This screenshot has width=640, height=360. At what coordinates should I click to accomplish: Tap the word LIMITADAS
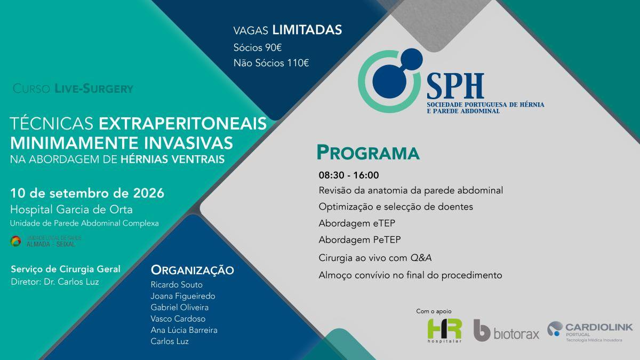307,30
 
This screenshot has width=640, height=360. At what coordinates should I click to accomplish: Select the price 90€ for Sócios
274,47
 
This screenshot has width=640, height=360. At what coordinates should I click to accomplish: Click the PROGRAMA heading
368,153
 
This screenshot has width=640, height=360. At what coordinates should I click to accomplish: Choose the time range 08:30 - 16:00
349,175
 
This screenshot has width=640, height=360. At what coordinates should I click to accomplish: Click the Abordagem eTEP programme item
357,223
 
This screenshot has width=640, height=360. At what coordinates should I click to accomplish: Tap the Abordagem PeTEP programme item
359,239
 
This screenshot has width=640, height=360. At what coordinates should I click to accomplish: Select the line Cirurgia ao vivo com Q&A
375,258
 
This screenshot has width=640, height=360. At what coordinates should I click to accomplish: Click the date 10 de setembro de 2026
87,194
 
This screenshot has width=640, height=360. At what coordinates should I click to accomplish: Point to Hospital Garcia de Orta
71,210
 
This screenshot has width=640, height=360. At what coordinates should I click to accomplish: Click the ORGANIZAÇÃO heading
193,270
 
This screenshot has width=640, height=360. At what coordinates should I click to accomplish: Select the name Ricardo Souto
177,285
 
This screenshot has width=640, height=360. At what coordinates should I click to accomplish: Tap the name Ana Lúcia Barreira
184,330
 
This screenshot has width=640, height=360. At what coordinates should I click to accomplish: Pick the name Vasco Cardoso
178,318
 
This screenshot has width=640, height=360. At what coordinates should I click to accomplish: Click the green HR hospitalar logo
445,331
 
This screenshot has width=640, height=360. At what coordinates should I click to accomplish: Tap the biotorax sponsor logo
506,331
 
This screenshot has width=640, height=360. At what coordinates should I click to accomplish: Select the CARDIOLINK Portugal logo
590,331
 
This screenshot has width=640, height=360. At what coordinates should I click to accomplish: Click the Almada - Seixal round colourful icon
15,242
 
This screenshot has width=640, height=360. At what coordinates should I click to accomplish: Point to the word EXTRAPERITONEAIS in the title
182,124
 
